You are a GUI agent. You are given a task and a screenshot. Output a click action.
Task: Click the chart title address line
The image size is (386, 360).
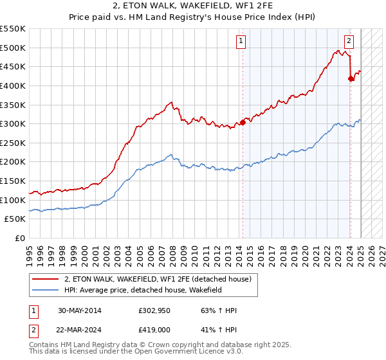(x=193, y=6)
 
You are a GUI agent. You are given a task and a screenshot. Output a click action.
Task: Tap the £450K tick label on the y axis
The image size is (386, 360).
(x=13, y=66)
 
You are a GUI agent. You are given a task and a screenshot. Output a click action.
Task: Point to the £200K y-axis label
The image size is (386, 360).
(x=13, y=162)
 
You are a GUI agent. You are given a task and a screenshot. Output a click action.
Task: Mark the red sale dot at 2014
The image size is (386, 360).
(x=243, y=122)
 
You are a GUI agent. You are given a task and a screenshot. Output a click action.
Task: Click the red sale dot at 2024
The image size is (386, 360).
(x=351, y=78)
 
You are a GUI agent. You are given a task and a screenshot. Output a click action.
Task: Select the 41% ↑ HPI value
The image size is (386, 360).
(x=219, y=330)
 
